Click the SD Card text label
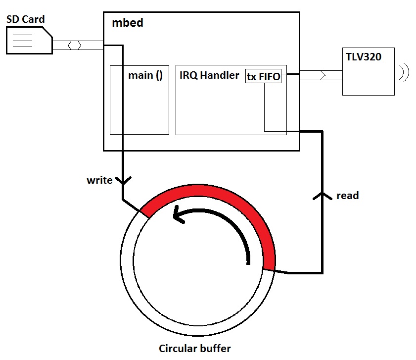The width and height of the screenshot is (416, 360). point(26,20)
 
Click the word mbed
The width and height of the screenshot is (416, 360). point(128,23)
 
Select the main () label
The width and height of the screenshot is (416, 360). point(145,76)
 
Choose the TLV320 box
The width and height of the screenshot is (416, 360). point(369,71)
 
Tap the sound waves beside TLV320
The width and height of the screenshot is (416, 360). point(405,72)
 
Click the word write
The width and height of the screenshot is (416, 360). point(99,180)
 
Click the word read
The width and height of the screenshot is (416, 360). point(347,196)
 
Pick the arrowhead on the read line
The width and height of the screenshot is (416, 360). point(322,196)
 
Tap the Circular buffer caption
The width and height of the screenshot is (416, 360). point(194,349)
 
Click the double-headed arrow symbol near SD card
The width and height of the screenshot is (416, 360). point(75,45)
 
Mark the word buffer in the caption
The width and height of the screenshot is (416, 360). point(215,349)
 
